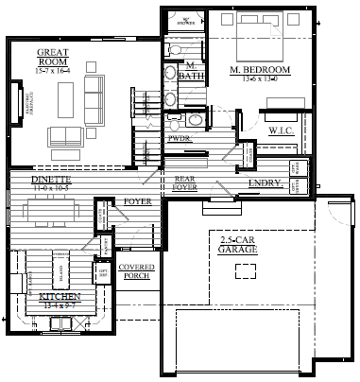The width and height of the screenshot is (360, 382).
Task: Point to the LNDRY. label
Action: click(262, 183)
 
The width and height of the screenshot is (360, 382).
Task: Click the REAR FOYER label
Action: click(183, 182)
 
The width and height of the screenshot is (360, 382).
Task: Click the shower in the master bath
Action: click(186, 21)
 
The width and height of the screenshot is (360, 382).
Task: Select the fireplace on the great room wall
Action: click(16, 99)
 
